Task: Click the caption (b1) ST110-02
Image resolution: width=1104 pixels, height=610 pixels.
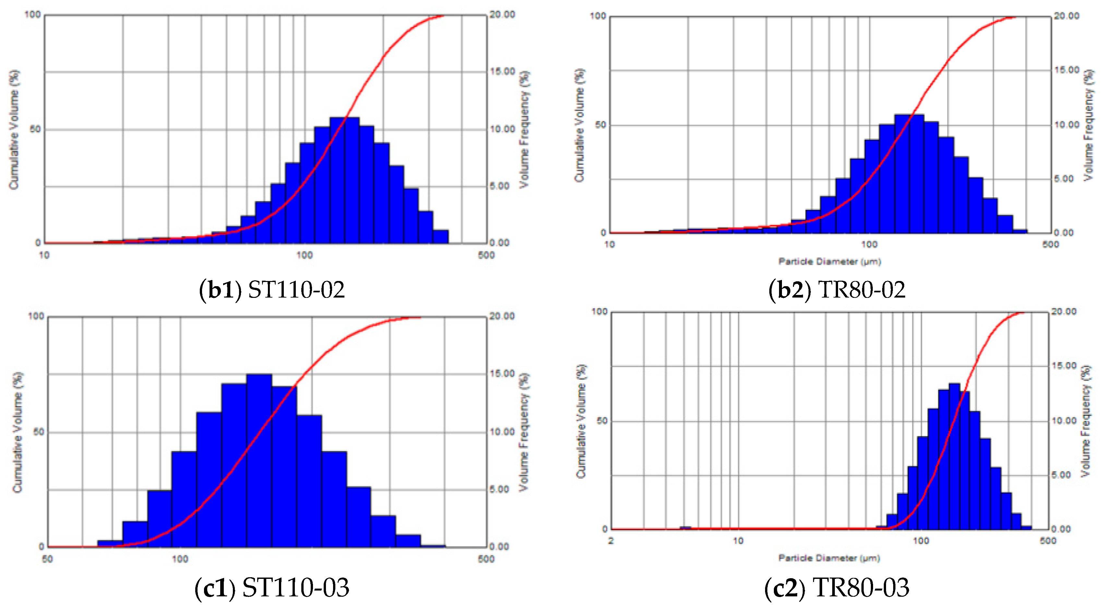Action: tap(272, 290)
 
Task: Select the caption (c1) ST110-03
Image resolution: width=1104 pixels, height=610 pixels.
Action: tap(272, 587)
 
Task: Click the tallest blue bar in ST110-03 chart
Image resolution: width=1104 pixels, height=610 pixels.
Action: tap(259, 461)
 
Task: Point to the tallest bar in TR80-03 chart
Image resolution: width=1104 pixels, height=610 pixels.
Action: tap(954, 457)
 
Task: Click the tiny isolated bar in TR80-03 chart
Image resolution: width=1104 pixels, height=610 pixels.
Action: tap(685, 528)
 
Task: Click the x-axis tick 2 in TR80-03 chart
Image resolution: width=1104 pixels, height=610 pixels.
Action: tap(611, 541)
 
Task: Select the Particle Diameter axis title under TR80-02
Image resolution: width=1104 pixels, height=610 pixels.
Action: tap(829, 262)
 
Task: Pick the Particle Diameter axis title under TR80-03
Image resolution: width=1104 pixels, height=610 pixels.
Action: tap(829, 558)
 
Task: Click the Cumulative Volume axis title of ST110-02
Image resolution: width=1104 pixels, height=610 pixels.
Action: tap(14, 129)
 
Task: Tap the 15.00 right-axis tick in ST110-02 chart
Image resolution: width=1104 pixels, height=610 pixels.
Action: tap(502, 71)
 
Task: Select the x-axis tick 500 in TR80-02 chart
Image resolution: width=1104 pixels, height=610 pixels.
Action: tap(1050, 244)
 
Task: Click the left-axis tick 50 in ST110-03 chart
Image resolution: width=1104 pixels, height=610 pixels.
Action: tap(39, 432)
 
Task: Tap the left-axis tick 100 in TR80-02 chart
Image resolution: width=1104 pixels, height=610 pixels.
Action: tap(598, 16)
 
